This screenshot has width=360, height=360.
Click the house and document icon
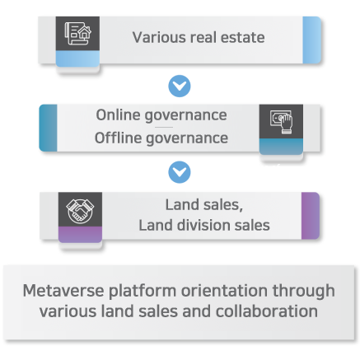click(x=77, y=34)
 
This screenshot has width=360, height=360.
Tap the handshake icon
click(x=80, y=211)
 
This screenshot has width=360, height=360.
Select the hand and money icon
click(x=281, y=122)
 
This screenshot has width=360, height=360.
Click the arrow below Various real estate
click(x=180, y=86)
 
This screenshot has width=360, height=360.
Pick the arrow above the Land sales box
click(x=180, y=172)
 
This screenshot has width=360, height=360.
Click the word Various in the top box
click(x=159, y=37)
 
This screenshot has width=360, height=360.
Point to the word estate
click(x=243, y=37)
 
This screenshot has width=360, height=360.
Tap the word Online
click(x=118, y=115)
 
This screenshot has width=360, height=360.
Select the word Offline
click(x=118, y=138)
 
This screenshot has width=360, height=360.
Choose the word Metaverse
click(x=63, y=291)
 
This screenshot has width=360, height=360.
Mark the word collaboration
click(x=267, y=311)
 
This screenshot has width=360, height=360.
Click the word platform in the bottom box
click(x=143, y=292)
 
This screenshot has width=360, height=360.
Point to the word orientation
click(x=224, y=291)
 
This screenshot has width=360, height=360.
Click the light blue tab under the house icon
click(x=77, y=58)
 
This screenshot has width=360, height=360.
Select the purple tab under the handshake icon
click(x=80, y=235)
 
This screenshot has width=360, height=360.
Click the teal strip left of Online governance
click(x=49, y=128)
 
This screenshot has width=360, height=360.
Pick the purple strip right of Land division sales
click(x=311, y=216)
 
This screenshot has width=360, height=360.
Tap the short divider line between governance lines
click(x=164, y=127)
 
